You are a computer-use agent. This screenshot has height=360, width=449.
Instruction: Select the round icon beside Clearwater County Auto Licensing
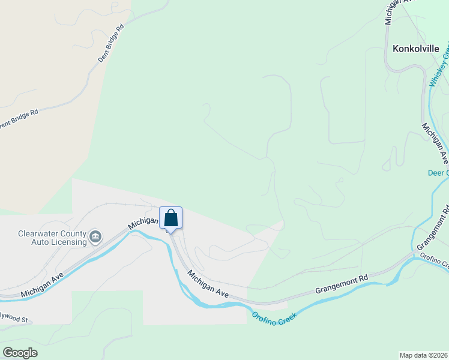[x=95, y=238]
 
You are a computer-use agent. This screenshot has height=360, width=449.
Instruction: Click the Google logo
[x=20, y=352]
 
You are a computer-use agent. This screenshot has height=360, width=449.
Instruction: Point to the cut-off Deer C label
[x=438, y=173]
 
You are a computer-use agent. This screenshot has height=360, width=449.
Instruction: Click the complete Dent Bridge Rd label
[x=111, y=43]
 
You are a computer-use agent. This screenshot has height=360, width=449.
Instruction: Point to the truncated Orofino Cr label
[x=433, y=261]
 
